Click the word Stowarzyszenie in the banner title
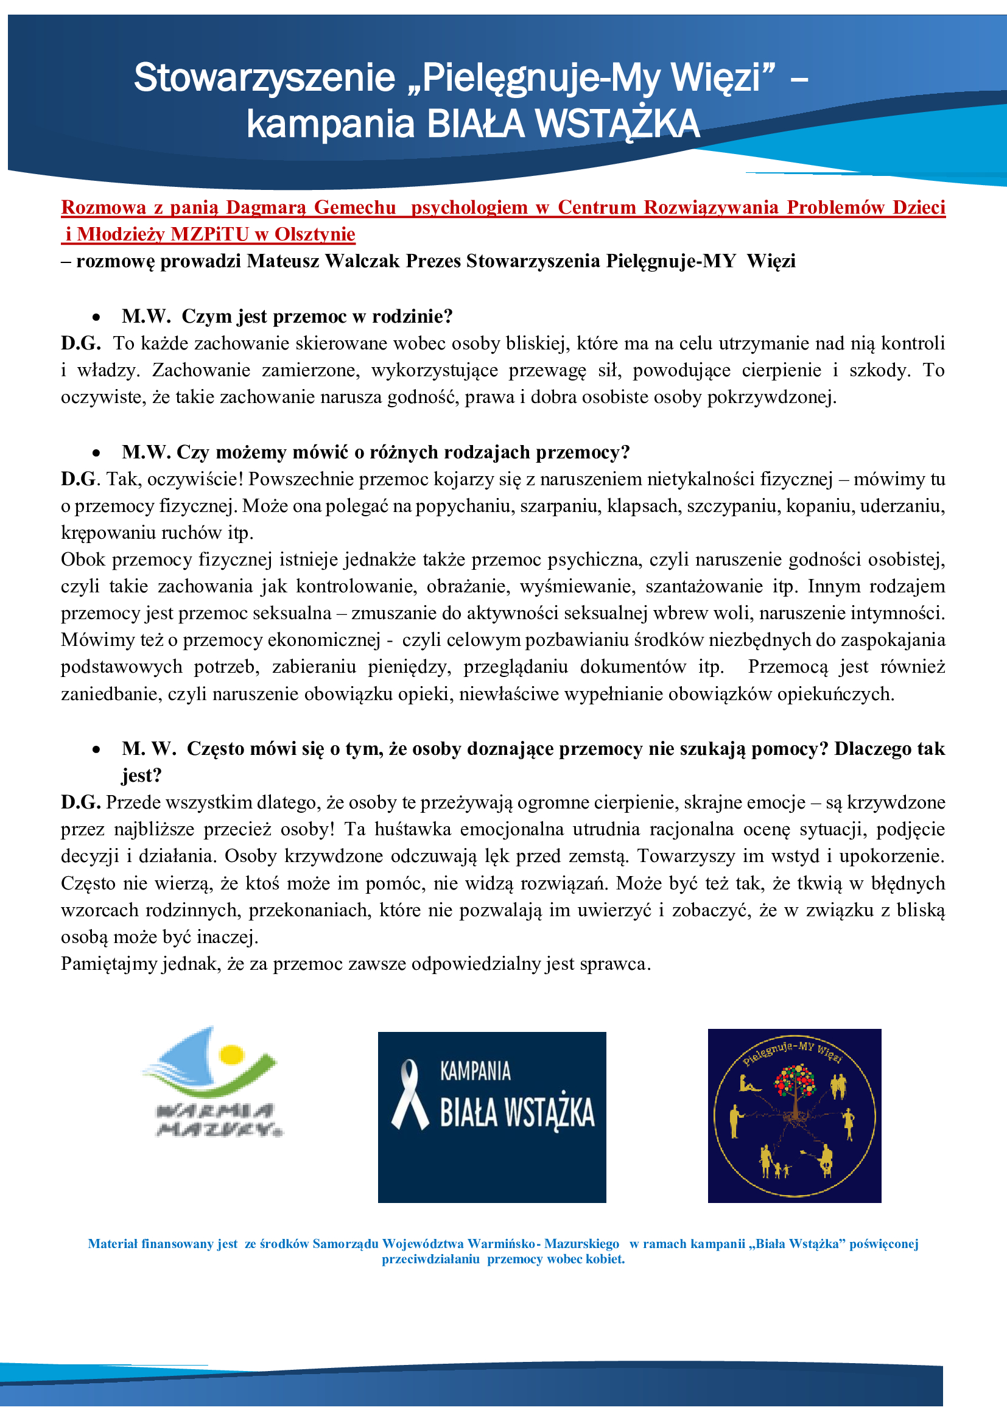click(264, 78)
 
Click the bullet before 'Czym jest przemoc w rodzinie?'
click(96, 318)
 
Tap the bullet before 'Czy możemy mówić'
click(96, 454)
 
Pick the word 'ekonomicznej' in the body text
click(327, 640)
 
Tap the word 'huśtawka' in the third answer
click(410, 830)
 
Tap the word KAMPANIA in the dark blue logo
click(475, 1071)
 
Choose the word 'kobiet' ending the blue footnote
click(606, 1260)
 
